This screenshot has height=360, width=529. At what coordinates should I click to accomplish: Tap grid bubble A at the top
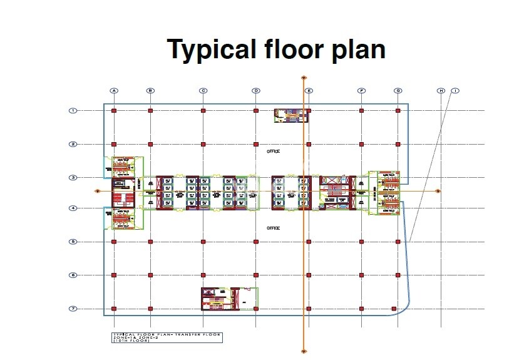click(114, 91)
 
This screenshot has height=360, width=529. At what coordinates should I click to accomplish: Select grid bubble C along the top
click(203, 91)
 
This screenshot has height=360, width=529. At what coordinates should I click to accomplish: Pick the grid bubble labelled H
click(441, 91)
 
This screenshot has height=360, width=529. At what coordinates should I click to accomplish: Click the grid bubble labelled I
click(455, 91)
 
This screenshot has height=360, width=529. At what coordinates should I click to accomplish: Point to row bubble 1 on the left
click(73, 111)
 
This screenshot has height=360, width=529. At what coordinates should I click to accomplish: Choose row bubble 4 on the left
click(73, 208)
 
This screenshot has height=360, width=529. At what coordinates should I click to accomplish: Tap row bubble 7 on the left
click(73, 309)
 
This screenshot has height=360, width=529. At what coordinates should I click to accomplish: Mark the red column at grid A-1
click(114, 111)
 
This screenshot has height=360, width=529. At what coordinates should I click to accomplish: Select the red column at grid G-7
click(393, 309)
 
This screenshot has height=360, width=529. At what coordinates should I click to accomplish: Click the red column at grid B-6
click(150, 275)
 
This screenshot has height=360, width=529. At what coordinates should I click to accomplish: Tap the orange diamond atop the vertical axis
click(304, 78)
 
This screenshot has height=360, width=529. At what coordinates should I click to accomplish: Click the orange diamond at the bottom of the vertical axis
click(304, 352)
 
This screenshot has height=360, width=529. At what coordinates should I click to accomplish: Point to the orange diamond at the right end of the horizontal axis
click(438, 190)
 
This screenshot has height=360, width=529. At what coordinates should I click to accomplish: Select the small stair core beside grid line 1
click(291, 115)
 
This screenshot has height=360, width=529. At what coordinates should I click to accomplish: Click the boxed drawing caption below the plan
click(167, 338)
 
